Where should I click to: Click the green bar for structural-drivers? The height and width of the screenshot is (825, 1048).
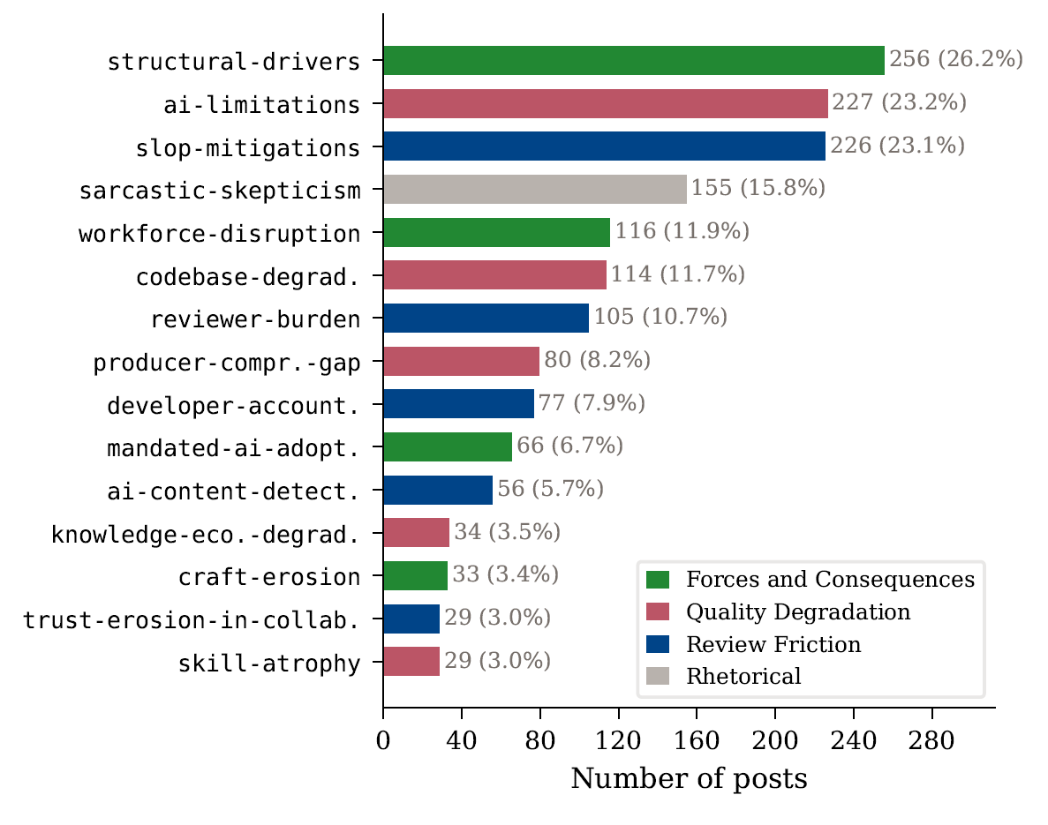633,61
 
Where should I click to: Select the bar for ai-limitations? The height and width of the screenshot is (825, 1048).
605,104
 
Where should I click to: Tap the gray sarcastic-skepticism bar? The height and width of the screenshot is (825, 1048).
534,190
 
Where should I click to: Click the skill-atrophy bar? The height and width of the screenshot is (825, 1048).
411,662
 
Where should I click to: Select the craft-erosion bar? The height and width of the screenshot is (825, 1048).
415,576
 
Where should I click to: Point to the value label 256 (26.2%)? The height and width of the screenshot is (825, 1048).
955,59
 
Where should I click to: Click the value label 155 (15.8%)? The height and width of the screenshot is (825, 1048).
758,188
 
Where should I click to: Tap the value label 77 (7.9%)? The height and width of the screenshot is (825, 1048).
592,404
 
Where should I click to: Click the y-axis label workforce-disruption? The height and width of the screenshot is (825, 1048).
219,235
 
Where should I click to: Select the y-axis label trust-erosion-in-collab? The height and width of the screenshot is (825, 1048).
191,620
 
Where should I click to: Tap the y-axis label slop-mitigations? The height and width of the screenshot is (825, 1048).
247,148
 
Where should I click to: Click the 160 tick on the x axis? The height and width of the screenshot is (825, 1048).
697,741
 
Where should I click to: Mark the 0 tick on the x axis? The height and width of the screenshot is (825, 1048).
383,741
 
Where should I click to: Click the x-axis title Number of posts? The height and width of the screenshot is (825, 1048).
689,779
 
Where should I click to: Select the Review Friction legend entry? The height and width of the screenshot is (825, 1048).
773,644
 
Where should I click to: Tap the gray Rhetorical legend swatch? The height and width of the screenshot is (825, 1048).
658,677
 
